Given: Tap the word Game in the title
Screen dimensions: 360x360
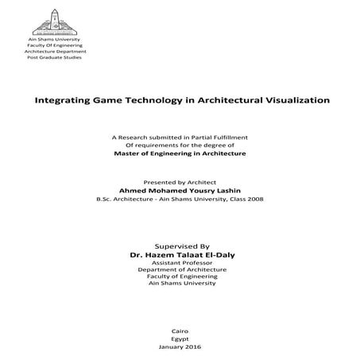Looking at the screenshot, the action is (109, 102).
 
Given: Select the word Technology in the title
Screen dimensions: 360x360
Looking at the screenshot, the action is (155, 102).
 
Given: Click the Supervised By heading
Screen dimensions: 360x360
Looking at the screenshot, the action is (179, 247).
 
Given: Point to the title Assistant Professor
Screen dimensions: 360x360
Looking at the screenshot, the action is (179, 263).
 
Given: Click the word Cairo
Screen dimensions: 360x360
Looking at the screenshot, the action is (180, 329).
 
